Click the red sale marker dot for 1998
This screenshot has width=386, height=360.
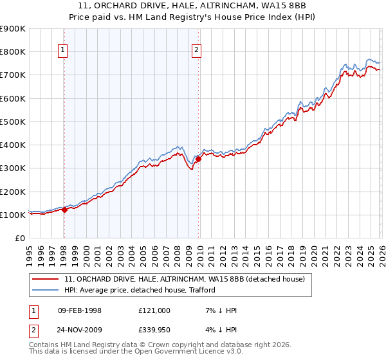[x=64, y=210]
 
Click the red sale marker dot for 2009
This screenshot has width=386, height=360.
[x=198, y=159]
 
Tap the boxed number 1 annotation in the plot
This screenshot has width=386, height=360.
[x=63, y=51]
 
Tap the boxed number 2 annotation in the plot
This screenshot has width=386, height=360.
[x=197, y=51]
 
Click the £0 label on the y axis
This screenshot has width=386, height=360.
[x=19, y=238]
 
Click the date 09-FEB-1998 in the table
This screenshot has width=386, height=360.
[x=79, y=310]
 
